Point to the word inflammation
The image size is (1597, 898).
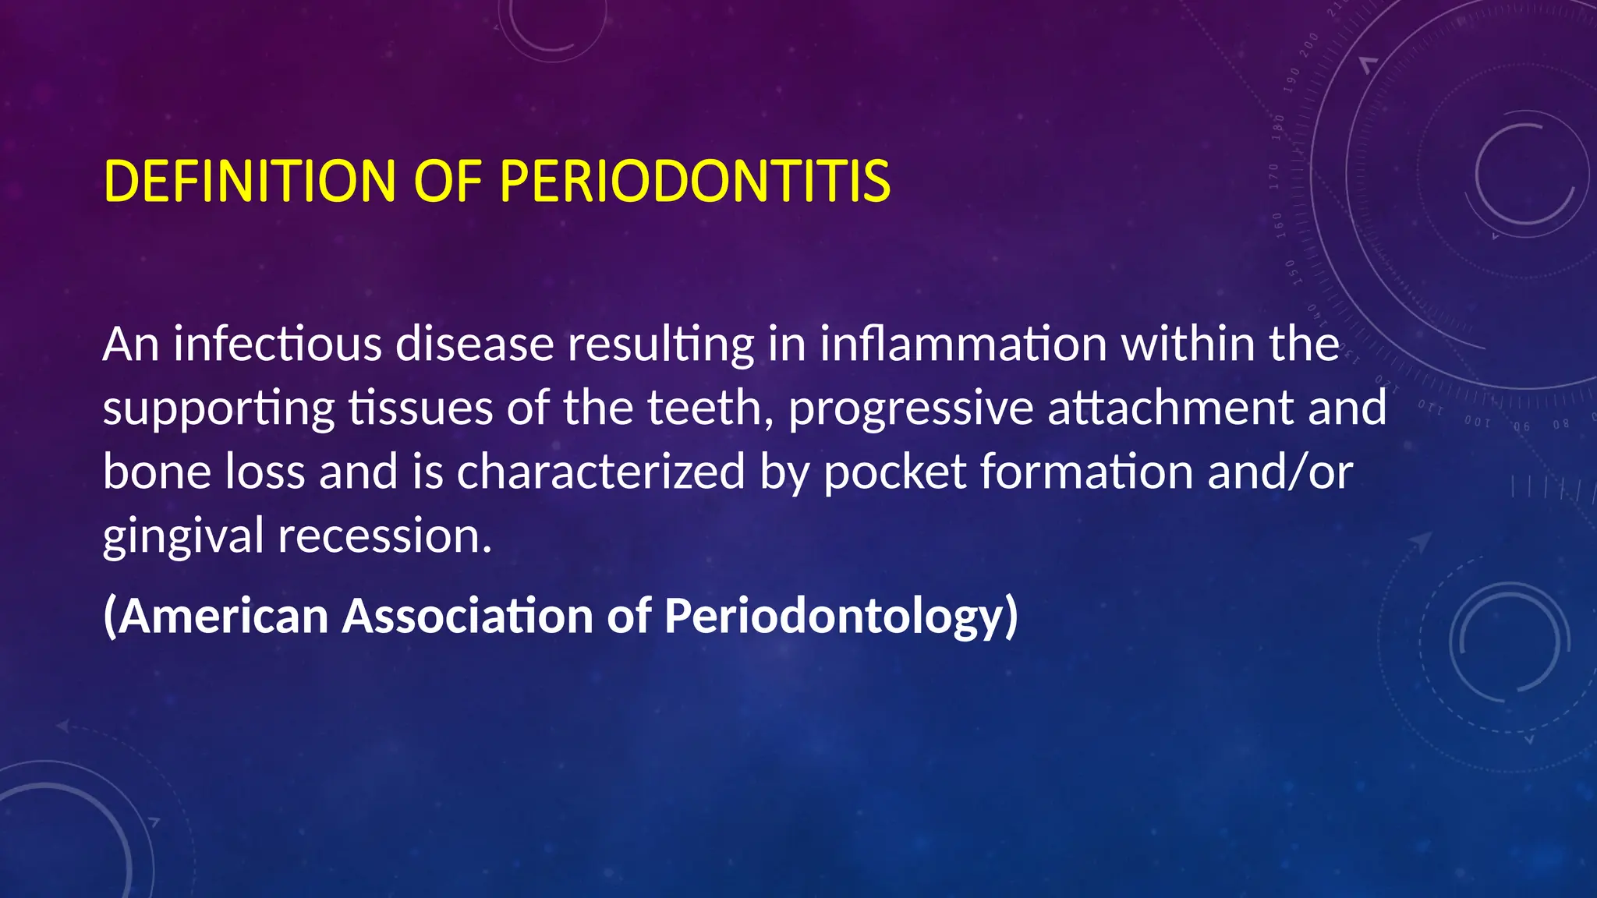[963, 344]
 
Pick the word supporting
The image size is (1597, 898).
[218, 409]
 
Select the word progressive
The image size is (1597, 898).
[910, 409]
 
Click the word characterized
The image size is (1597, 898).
[600, 472]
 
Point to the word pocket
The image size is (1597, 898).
[894, 472]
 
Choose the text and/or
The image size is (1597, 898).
[1280, 472]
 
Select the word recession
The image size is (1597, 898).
[384, 536]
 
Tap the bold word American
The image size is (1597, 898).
[217, 616]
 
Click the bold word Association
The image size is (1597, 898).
[468, 616]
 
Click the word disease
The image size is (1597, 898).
[474, 344]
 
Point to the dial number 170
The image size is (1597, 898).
[1274, 177]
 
